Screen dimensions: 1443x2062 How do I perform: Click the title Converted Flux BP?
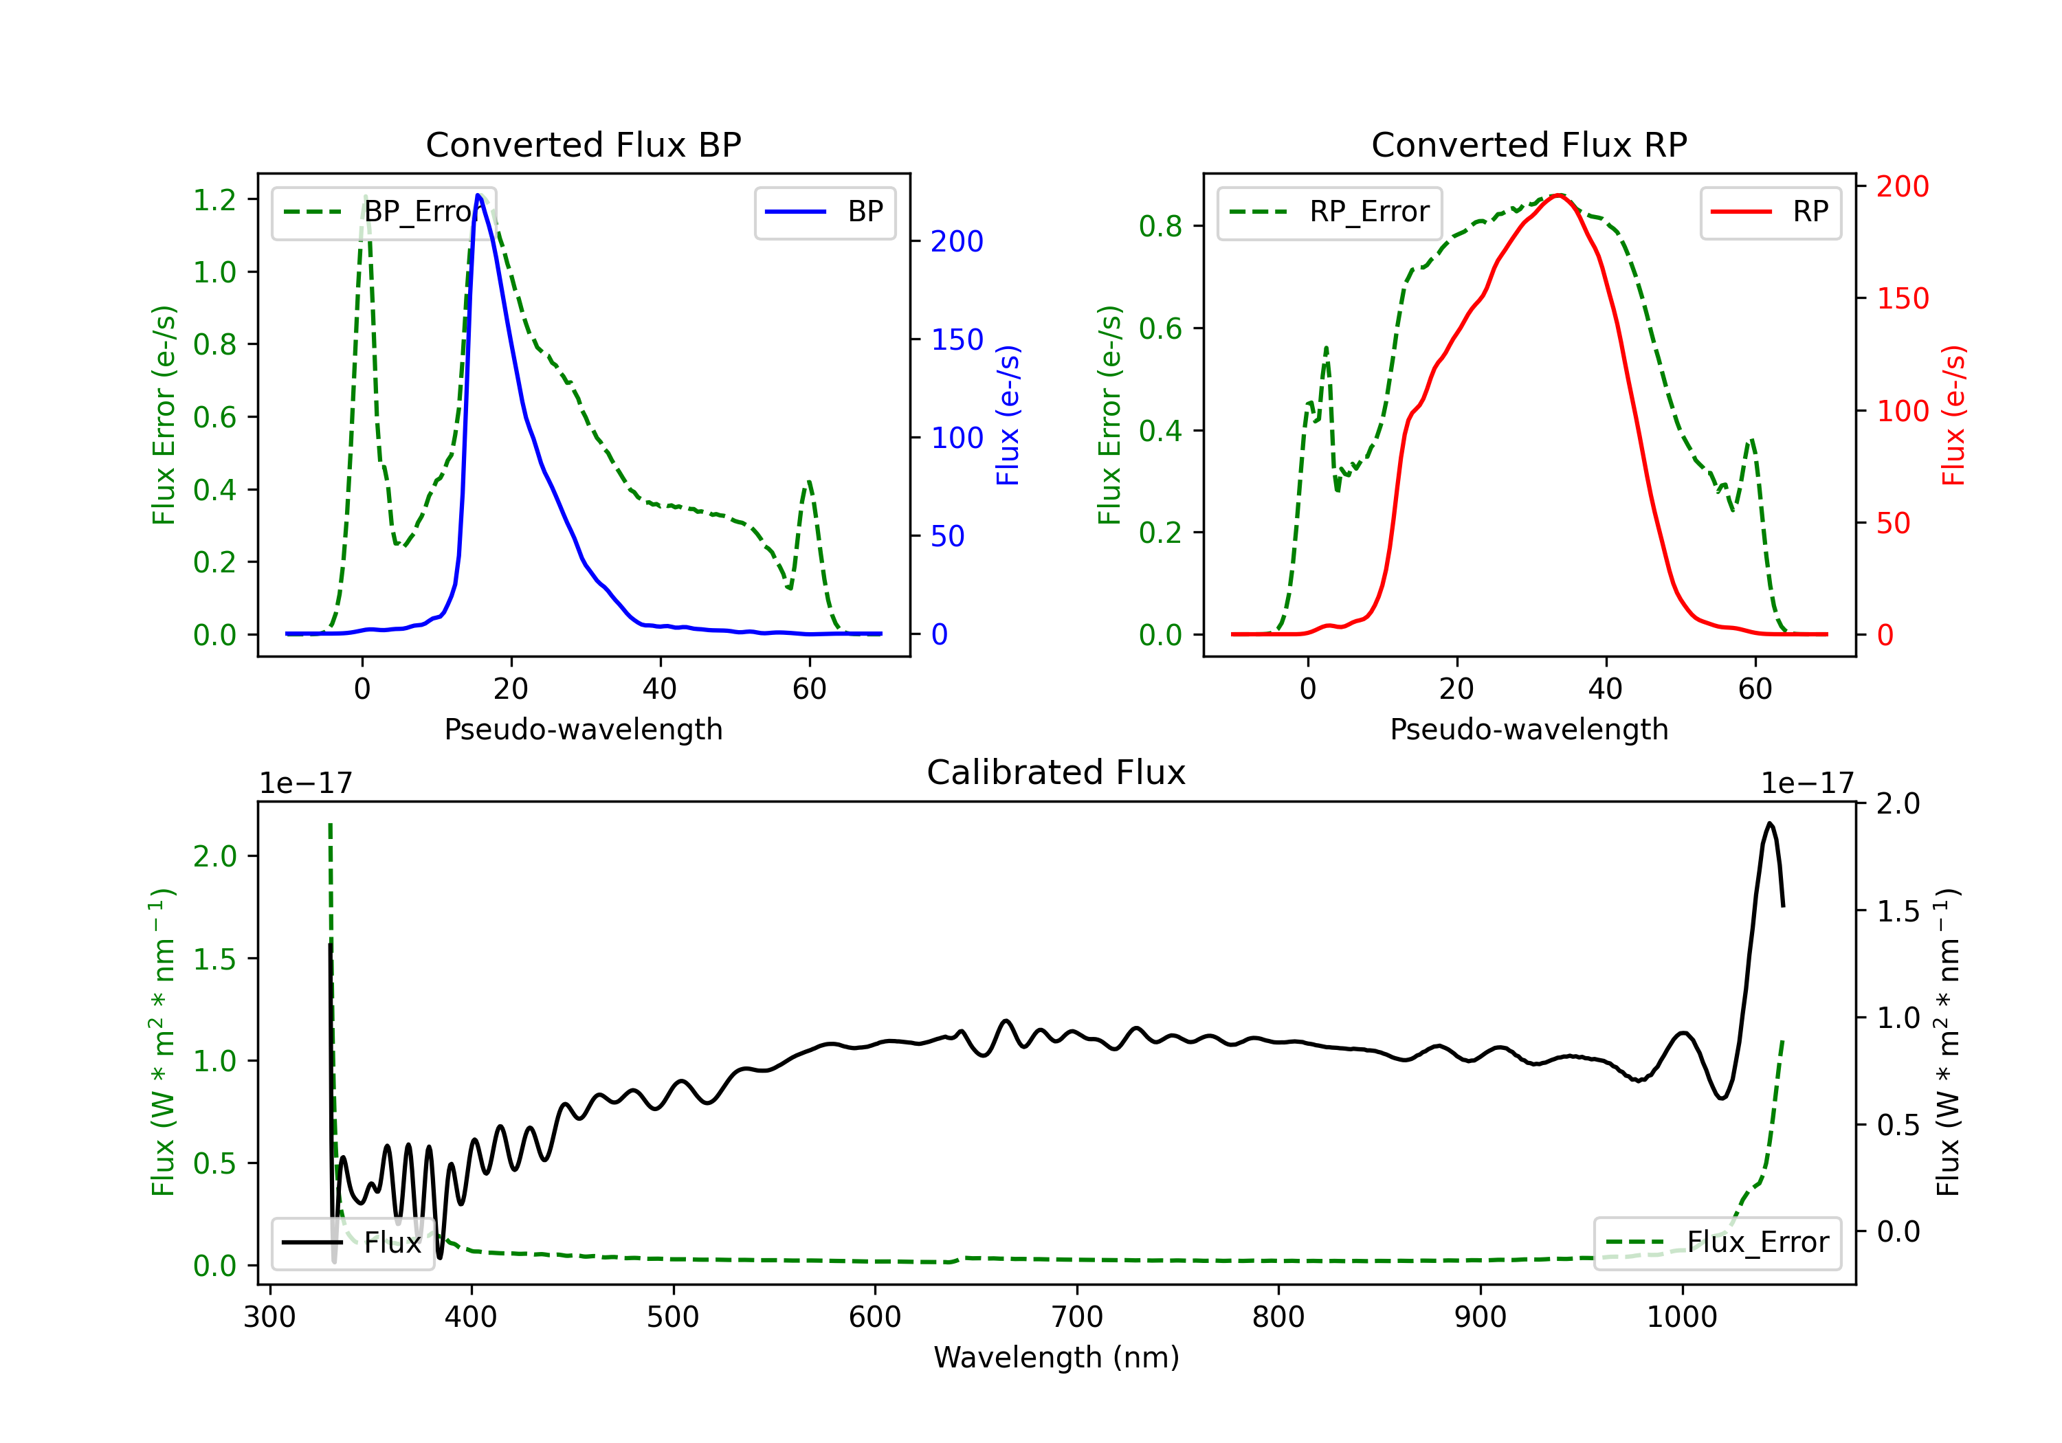point(583,144)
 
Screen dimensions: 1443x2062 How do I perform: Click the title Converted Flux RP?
point(1529,144)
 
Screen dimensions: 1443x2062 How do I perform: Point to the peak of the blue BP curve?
point(478,195)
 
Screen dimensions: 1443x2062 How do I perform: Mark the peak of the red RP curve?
point(1559,195)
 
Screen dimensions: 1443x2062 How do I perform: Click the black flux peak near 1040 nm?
point(1769,823)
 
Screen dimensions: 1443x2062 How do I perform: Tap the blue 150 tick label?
point(957,339)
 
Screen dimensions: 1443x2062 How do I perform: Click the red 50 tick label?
point(1893,524)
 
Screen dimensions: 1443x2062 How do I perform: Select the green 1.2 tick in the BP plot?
point(214,199)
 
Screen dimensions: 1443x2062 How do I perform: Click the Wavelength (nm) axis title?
point(1056,1357)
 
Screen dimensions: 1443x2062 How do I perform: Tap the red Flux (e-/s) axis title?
point(1954,415)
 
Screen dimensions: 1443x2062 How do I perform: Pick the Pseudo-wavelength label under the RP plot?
point(1529,729)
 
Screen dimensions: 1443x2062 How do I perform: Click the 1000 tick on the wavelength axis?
point(1681,1317)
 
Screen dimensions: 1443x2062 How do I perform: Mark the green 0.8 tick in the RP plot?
point(1160,226)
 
